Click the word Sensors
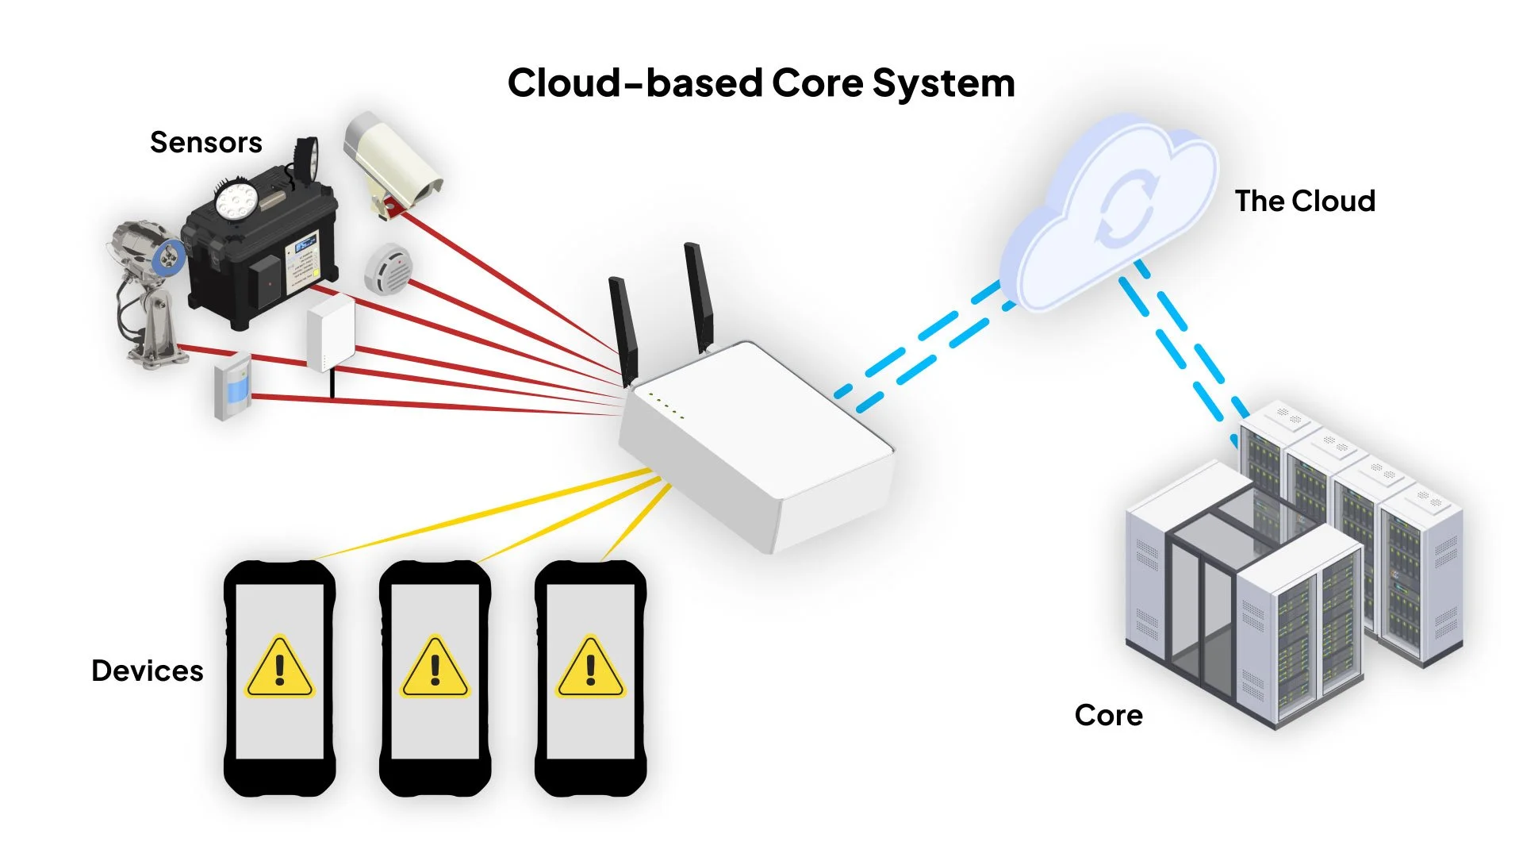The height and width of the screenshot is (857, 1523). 205,143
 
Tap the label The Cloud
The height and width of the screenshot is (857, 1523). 1304,202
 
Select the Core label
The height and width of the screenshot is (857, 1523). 1108,715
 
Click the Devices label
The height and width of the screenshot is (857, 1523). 148,671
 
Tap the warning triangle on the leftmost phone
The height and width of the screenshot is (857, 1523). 279,667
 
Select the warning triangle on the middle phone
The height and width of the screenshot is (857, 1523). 435,667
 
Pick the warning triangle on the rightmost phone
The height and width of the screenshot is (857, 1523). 590,667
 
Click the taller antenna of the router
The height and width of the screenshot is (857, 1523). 698,298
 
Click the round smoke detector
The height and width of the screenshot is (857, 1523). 388,269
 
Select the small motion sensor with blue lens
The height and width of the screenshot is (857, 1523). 233,387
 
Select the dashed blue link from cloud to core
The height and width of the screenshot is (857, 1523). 1182,349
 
